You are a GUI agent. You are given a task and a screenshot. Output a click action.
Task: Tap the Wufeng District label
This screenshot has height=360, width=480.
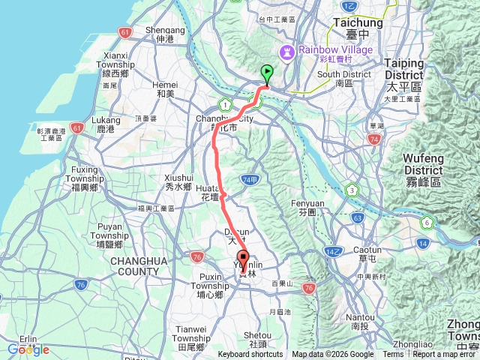[x=423, y=163]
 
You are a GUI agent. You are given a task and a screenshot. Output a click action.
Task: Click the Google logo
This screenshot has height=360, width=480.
[x=28, y=349]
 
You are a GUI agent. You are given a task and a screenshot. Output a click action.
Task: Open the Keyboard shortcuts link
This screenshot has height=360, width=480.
[x=251, y=355]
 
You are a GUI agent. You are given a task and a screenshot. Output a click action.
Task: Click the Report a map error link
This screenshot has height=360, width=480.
[x=445, y=355]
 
